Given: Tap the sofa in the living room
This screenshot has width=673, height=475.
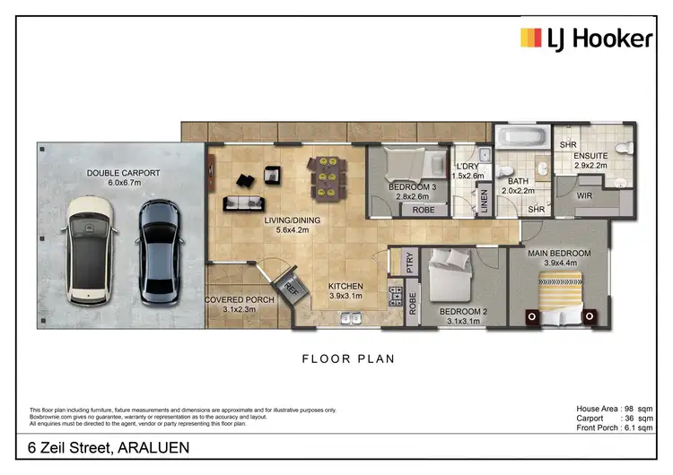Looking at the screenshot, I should [243, 201].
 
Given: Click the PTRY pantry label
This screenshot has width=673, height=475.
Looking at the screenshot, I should [409, 263].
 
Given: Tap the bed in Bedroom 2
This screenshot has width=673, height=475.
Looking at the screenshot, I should [449, 277].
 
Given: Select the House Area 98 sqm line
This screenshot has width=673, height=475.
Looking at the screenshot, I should [613, 409].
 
